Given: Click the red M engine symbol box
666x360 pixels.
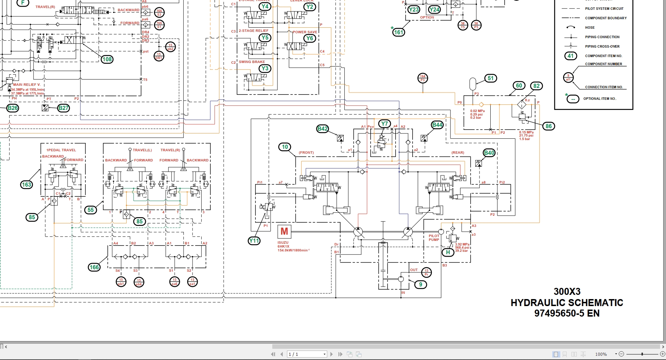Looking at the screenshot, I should (x=284, y=231).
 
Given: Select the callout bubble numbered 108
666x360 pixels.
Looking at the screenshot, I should (x=107, y=59).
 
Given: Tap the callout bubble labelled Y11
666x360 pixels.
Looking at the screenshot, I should (x=254, y=241).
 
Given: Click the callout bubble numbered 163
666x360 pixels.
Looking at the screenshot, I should (x=27, y=185).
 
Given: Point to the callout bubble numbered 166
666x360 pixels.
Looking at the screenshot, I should (x=94, y=267).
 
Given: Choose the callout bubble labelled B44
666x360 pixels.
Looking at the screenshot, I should (x=437, y=125).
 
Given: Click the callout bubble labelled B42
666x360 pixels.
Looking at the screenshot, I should (x=322, y=129).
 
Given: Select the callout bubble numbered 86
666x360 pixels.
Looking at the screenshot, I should (x=548, y=126).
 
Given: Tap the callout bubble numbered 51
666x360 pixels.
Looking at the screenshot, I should (x=491, y=78).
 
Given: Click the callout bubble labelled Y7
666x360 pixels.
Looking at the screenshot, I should (x=385, y=124).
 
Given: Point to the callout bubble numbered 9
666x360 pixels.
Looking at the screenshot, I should (x=421, y=284).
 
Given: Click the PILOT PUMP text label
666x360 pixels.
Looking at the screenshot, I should (x=434, y=238).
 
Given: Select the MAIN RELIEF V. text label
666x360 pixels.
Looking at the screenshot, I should (x=27, y=85).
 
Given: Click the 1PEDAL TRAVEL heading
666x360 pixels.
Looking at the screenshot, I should (x=61, y=150).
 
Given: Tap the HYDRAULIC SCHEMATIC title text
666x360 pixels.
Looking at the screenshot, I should (x=567, y=303).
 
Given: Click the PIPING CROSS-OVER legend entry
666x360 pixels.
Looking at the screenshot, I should (x=602, y=46).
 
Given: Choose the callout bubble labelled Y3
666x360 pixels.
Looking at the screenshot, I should (x=265, y=68).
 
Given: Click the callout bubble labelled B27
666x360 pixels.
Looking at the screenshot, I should (x=63, y=108).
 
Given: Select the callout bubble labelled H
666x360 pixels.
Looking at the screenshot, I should (x=448, y=252).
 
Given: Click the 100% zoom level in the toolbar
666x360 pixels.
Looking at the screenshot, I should (x=601, y=354).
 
